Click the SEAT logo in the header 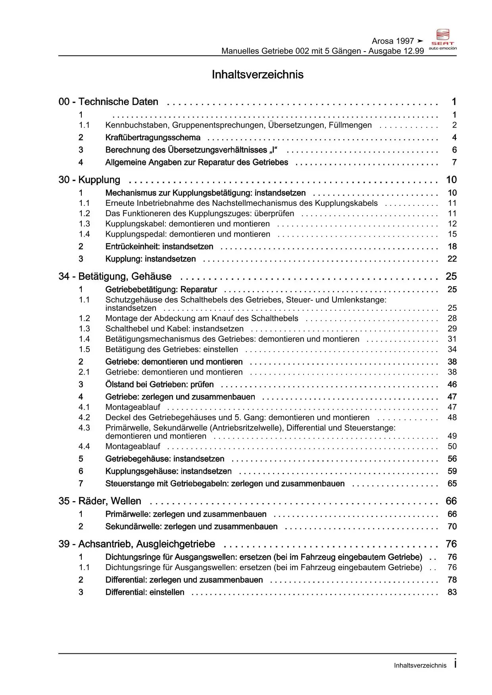click(x=443, y=39)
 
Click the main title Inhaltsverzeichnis click(x=258, y=75)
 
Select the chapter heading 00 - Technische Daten click(x=108, y=102)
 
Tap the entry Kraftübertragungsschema click(x=153, y=138)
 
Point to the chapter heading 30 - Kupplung click(x=89, y=180)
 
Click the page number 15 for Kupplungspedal click(x=452, y=234)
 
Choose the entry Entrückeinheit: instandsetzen click(x=159, y=247)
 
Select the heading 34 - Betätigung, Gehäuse click(x=115, y=276)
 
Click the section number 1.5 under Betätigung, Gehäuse click(x=84, y=349)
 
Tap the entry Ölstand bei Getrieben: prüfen click(x=160, y=385)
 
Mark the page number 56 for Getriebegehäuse click(x=452, y=459)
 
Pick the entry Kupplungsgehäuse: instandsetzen click(x=168, y=471)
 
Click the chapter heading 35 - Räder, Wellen click(x=100, y=501)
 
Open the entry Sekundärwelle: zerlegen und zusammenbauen click(x=191, y=527)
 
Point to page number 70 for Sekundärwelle click(x=452, y=527)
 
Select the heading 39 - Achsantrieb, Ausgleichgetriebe click(x=137, y=544)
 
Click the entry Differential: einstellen click(x=145, y=592)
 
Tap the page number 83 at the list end click(x=452, y=592)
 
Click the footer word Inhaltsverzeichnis click(x=420, y=666)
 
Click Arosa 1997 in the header click(x=393, y=41)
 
